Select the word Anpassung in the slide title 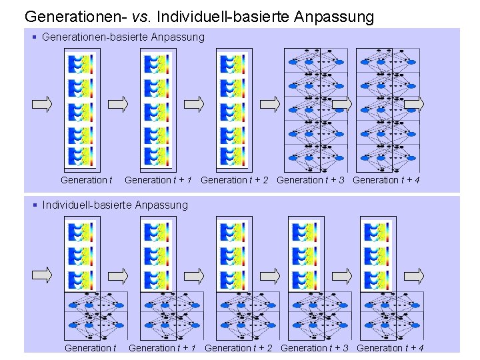[331, 16]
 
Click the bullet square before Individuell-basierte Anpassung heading [35, 205]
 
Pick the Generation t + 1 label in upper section [159, 180]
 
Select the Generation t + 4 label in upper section [386, 180]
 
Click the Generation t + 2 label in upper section [234, 180]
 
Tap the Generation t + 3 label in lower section [315, 348]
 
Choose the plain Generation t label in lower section [90, 348]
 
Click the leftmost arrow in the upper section [41, 103]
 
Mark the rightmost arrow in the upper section [414, 103]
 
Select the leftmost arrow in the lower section [41, 275]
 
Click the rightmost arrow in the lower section [414, 275]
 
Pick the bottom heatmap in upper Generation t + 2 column [234, 156]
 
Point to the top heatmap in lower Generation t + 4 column [378, 232]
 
